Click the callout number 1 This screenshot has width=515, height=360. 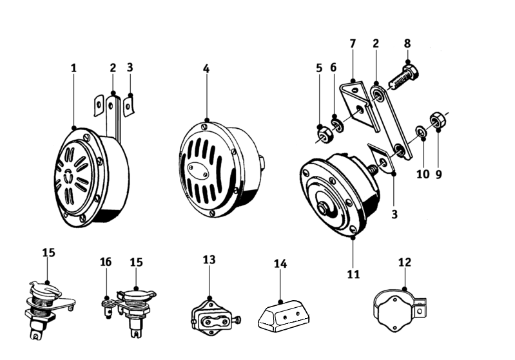click(x=73, y=68)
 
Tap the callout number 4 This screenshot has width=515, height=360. click(x=206, y=69)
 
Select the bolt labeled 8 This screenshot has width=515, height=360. click(x=404, y=78)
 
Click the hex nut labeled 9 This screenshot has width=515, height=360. click(x=437, y=120)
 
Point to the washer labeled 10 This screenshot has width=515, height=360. click(x=421, y=131)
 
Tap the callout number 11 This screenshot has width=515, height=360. click(x=353, y=274)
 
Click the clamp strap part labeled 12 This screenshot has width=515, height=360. click(x=400, y=310)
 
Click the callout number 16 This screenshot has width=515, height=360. click(x=106, y=262)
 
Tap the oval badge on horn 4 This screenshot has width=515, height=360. click(x=198, y=171)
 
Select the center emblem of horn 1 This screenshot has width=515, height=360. click(x=68, y=176)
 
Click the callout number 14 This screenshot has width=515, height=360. click(x=280, y=263)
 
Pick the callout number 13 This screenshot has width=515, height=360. click(x=209, y=260)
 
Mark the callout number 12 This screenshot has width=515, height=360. click(x=405, y=262)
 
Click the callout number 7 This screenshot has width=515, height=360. click(x=353, y=43)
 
